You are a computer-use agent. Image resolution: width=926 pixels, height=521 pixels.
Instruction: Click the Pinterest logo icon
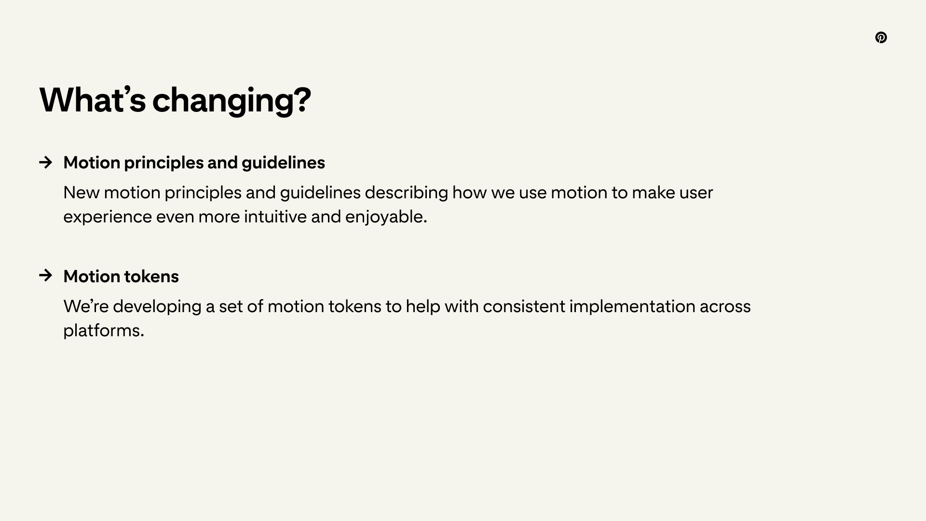click(881, 38)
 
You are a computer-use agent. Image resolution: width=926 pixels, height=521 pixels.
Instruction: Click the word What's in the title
click(93, 100)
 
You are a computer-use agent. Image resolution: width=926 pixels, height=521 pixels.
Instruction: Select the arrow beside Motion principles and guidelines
click(46, 162)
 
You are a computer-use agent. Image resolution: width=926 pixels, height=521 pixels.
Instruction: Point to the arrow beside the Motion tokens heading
click(46, 275)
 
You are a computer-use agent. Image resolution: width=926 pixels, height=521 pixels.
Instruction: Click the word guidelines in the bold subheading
click(283, 163)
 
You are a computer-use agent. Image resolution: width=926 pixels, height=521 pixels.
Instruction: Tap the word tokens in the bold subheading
click(151, 276)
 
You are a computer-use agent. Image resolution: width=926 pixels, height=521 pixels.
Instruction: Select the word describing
click(406, 193)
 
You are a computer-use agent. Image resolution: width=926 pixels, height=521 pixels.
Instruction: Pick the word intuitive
click(275, 217)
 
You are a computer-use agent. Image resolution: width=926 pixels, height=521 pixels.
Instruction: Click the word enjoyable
click(386, 217)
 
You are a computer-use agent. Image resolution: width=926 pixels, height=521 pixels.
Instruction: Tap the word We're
click(86, 306)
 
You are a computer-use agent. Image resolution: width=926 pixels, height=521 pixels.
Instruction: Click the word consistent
click(524, 307)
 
